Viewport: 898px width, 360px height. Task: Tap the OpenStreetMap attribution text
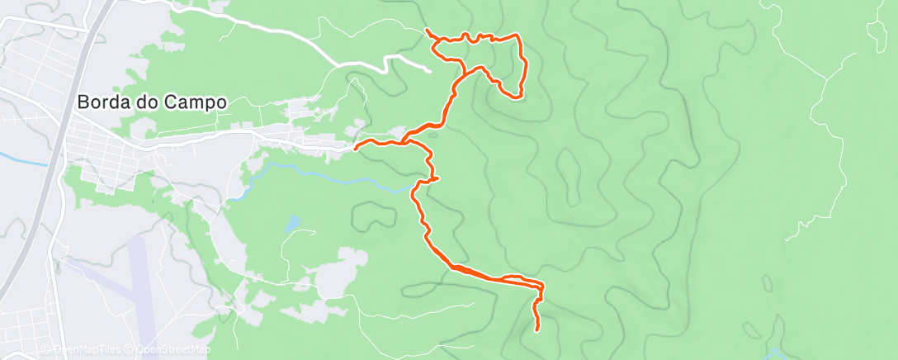(x=171, y=350)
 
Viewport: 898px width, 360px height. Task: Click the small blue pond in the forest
(x=291, y=224)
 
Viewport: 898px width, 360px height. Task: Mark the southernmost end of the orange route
(x=537, y=330)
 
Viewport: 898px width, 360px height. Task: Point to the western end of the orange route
(x=355, y=149)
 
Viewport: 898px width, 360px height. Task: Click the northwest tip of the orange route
(x=426, y=30)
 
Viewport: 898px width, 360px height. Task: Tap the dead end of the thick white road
(x=430, y=72)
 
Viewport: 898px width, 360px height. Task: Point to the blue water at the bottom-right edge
(x=776, y=354)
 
